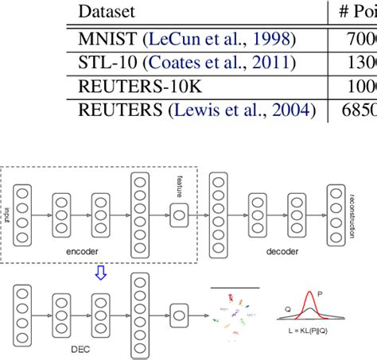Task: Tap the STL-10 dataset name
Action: pos(104,63)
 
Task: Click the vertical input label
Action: pos(9,212)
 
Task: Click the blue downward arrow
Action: pos(100,273)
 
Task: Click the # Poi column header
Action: pos(354,12)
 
